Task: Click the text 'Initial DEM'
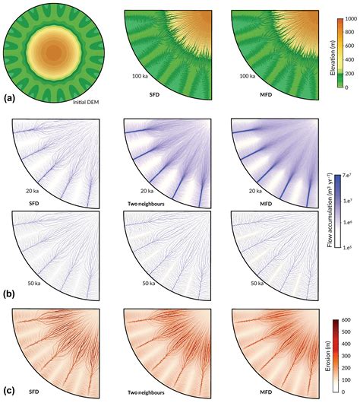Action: click(77, 102)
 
